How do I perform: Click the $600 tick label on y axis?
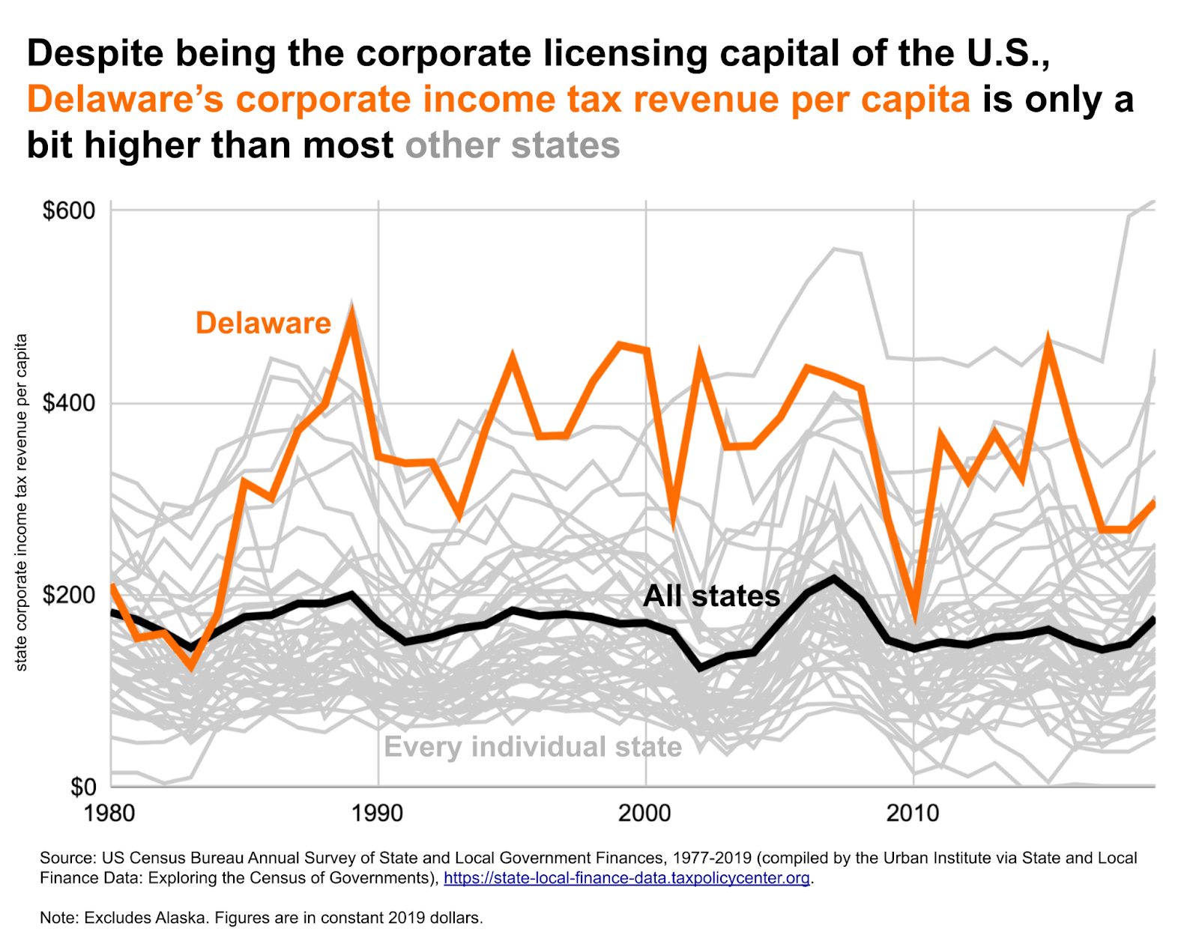tap(69, 211)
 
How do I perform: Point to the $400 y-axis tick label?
tap(69, 403)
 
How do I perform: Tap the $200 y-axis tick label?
tap(69, 596)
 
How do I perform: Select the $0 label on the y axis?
tap(83, 787)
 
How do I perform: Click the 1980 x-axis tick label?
tap(110, 813)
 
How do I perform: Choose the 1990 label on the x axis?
tap(378, 813)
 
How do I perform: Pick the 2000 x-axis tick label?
tap(644, 813)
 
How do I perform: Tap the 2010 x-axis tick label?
tap(912, 813)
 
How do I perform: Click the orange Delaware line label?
tap(263, 323)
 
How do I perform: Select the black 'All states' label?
tap(711, 596)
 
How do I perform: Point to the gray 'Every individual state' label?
tap(533, 747)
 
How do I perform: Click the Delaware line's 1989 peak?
tap(351, 312)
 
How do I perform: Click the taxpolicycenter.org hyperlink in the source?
tap(626, 878)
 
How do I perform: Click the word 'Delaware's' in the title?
tap(124, 100)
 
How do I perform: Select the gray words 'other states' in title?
tap(513, 145)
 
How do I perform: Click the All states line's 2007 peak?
tap(833, 578)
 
